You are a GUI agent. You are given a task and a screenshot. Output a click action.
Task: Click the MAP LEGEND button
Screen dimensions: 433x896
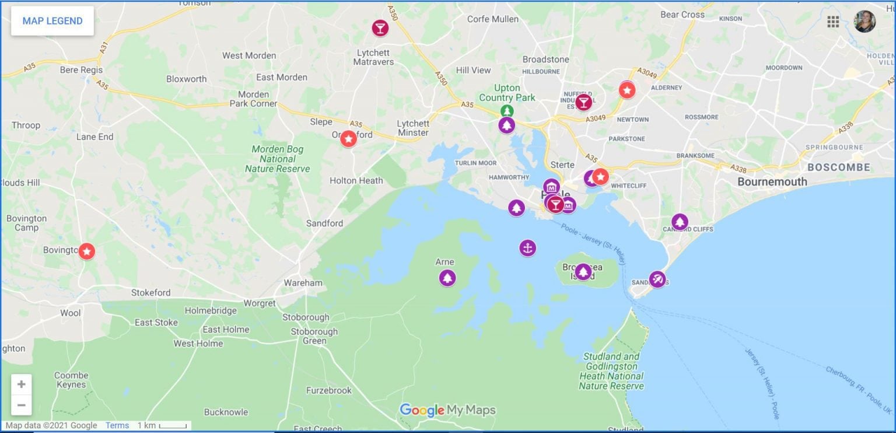pos(52,21)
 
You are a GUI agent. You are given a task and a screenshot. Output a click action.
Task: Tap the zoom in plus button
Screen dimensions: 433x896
pos(22,384)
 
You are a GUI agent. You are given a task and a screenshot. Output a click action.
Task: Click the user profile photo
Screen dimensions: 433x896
pos(864,22)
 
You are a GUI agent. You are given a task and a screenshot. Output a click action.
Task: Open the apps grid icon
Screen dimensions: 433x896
pos(833,22)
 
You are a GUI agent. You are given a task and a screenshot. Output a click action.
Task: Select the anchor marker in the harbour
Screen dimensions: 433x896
pos(527,248)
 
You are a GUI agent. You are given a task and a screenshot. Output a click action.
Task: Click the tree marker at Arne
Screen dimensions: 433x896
pos(447,278)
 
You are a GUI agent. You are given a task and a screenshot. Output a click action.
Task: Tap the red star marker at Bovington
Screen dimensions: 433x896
pos(87,252)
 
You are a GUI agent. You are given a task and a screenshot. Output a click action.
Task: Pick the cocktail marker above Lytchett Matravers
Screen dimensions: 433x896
pos(380,27)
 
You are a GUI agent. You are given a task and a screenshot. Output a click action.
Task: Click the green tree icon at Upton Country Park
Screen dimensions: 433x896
pos(508,110)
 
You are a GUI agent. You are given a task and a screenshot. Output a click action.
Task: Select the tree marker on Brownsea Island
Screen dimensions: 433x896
pos(583,271)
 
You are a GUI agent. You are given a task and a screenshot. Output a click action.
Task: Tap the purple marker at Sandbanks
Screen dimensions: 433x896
pos(657,280)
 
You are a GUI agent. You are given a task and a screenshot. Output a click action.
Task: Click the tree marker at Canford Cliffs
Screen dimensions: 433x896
pos(679,222)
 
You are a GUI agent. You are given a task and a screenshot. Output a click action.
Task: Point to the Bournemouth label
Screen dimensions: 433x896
pos(772,181)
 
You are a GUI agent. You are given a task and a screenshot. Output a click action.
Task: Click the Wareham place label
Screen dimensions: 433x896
pos(303,283)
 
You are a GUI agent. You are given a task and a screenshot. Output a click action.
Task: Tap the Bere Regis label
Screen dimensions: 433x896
pos(81,70)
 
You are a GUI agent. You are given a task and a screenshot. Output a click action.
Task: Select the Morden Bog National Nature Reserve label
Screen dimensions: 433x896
pos(277,159)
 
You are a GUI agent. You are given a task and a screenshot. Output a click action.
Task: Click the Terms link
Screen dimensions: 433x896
pos(117,425)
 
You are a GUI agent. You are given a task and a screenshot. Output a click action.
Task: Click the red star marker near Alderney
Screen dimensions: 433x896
pos(627,90)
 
